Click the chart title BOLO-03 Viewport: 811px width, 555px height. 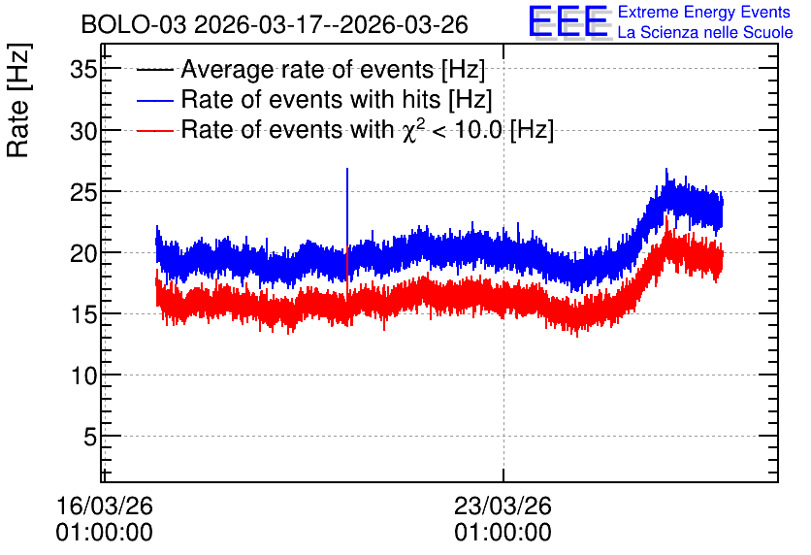coord(134,24)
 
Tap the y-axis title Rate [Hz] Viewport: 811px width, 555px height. coord(18,100)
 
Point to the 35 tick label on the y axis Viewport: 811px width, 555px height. coord(83,69)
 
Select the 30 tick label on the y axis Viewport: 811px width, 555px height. coord(83,131)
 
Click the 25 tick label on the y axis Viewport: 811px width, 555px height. coord(83,192)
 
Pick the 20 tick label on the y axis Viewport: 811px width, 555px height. coord(83,253)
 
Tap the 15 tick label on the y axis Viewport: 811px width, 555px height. coord(83,314)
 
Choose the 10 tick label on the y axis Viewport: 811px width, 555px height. coord(83,375)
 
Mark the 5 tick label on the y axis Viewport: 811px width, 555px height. coord(90,437)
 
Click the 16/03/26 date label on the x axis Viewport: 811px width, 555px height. coord(105,506)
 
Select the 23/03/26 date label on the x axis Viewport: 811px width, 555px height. coord(503,506)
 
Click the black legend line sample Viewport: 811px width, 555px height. coord(154,70)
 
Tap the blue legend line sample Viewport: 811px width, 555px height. coord(154,100)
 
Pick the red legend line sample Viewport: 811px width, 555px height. coord(154,130)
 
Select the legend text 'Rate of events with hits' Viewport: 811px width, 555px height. coord(310,99)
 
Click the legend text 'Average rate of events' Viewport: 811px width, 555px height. coord(308,69)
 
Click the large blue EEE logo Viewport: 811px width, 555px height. coord(568,21)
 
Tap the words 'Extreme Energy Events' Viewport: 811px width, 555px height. coord(704,12)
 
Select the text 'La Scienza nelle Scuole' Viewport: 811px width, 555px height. coord(705,32)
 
